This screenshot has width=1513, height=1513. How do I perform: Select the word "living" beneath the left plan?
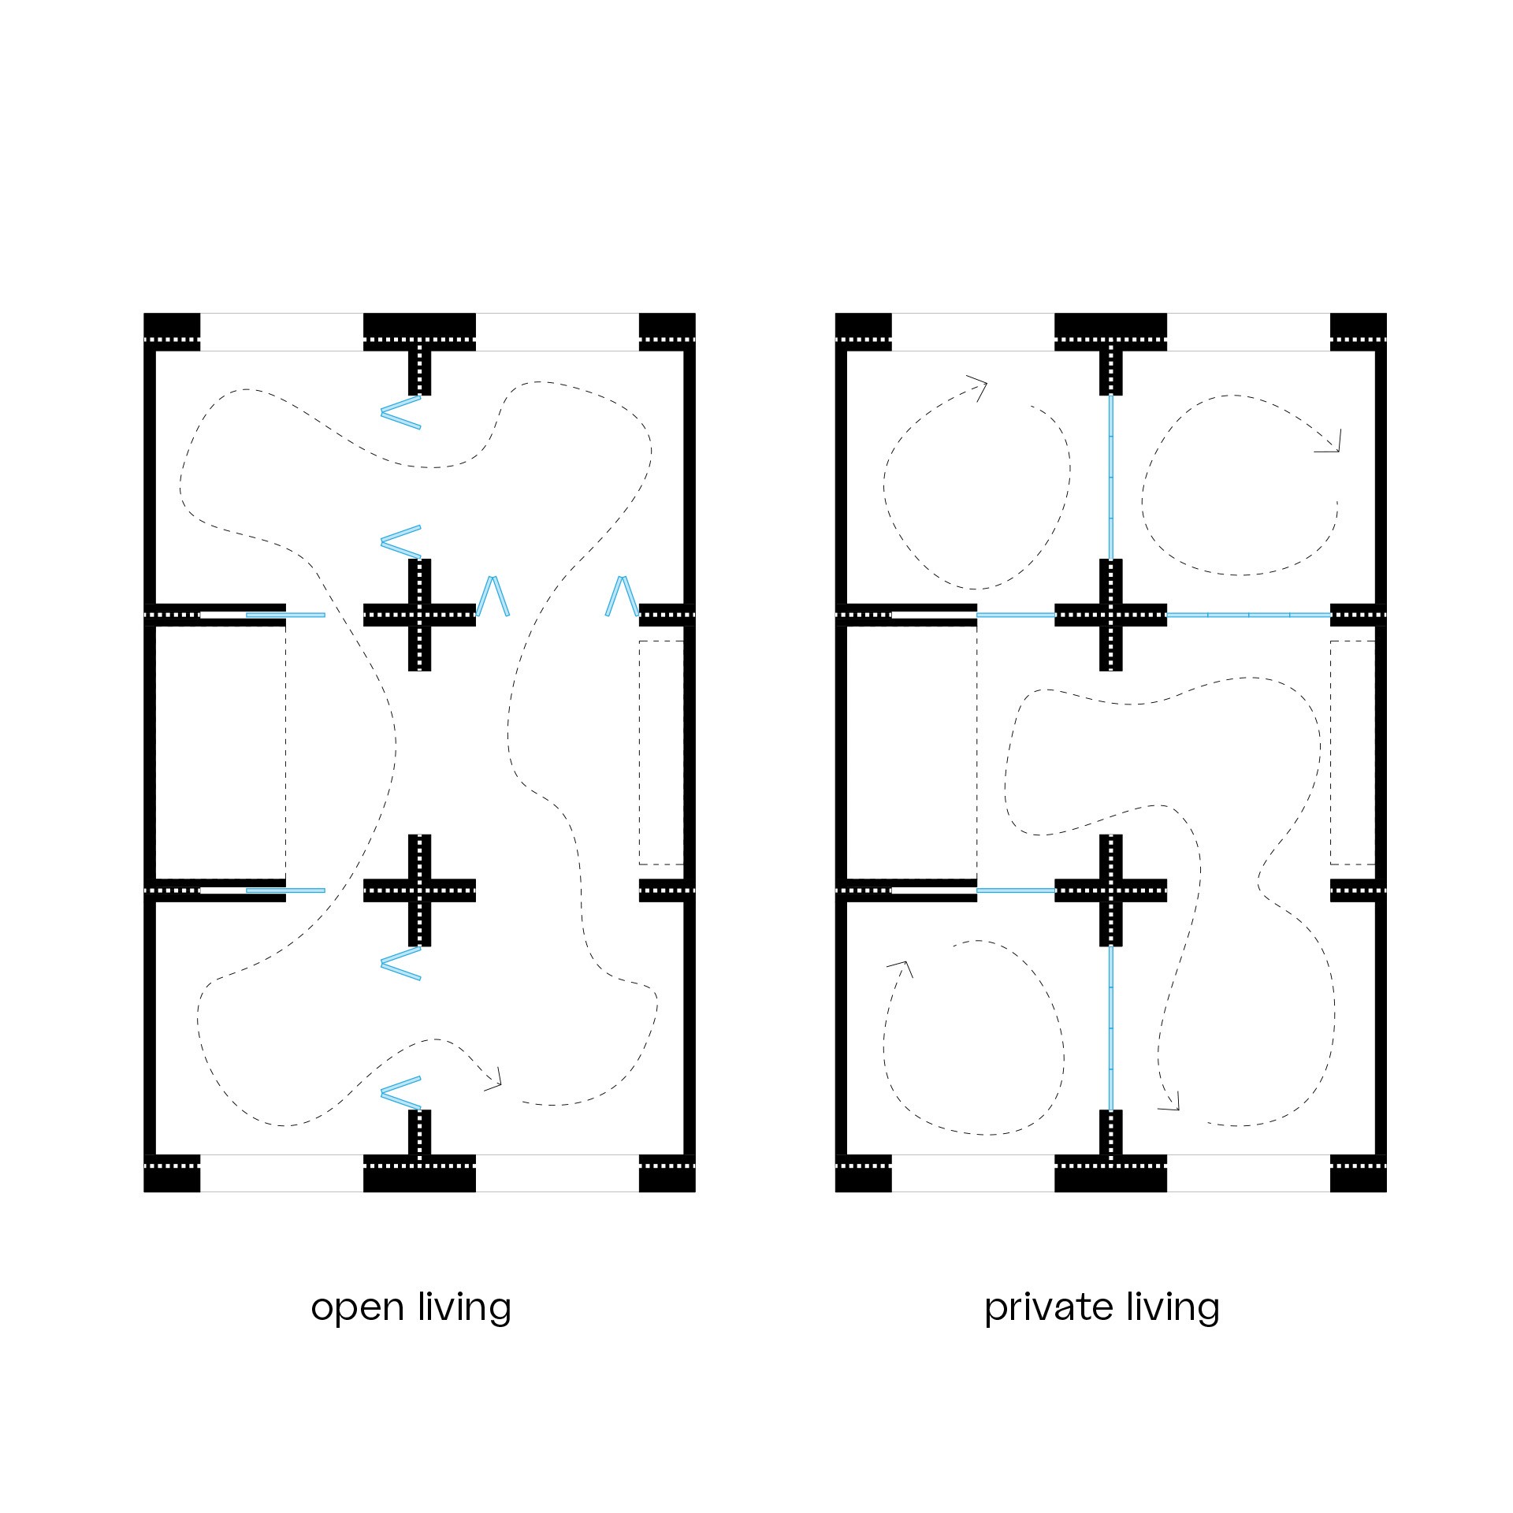465,1307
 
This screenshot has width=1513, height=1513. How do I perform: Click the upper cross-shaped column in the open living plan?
419,615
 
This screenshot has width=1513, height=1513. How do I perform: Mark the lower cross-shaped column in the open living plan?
419,890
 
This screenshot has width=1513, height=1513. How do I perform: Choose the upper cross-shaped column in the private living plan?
1111,615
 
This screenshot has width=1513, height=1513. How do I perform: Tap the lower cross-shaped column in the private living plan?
1111,890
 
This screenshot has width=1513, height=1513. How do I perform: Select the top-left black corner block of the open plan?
172,332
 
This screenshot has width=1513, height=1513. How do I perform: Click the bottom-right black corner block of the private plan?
1358,1173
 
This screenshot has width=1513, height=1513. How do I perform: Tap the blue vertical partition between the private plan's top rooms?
1111,477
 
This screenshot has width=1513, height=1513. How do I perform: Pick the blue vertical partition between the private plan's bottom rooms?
1111,1028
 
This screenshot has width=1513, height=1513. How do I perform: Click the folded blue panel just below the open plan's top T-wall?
400,412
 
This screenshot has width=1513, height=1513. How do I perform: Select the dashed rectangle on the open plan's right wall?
661,753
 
